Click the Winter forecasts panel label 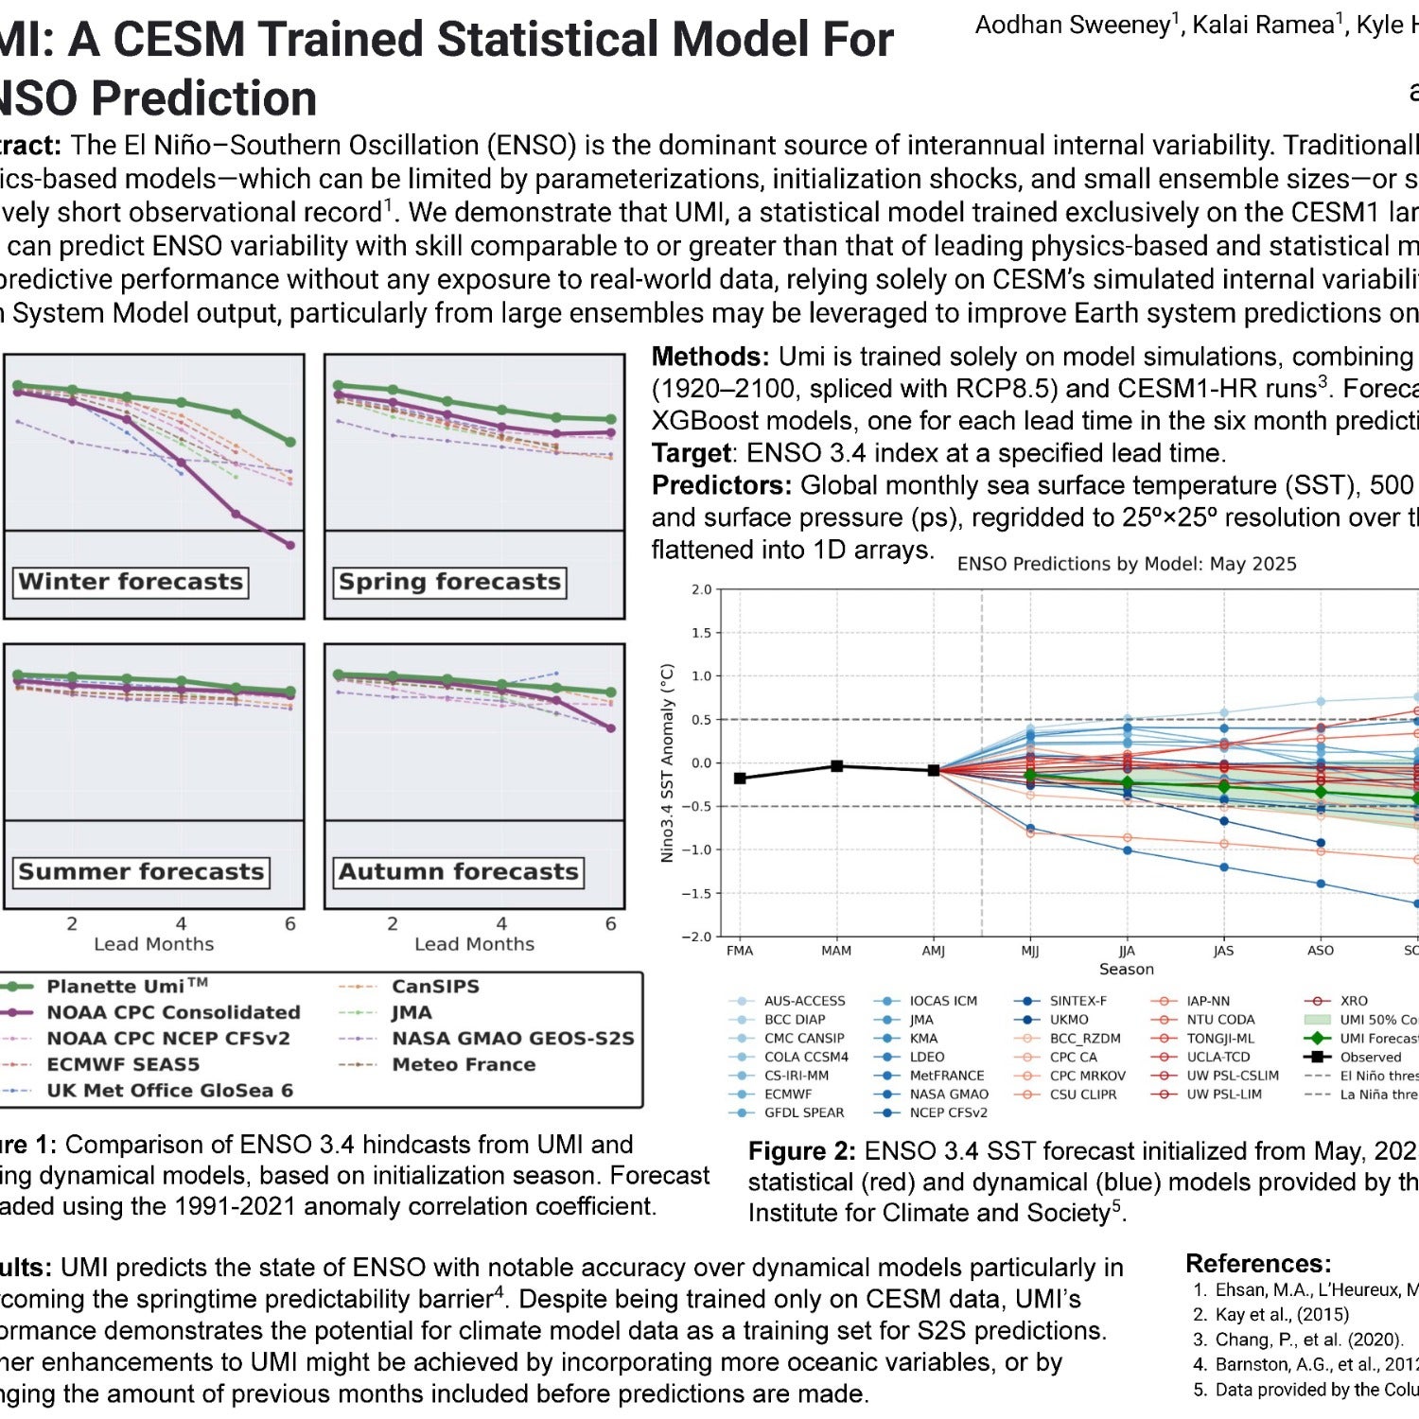coord(131,582)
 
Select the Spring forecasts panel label coord(449,582)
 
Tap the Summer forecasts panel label coord(141,871)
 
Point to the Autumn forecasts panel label coord(458,871)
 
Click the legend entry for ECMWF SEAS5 coord(123,1064)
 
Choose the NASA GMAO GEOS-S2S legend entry coord(513,1039)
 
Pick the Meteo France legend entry coord(464,1064)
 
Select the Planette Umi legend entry coord(127,987)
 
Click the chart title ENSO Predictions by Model coord(1126,564)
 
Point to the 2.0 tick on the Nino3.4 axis coord(701,589)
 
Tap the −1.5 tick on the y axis coord(698,893)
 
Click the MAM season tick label coord(836,951)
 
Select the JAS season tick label coord(1223,951)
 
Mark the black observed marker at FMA coord(740,778)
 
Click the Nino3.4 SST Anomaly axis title coord(667,762)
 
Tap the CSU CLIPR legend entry coord(1082,1095)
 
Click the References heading coord(1258,1264)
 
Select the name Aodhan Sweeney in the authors coord(1073,26)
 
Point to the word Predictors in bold coord(722,485)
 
